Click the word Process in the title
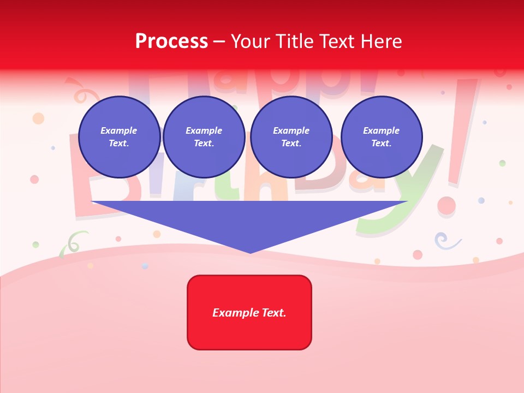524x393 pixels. click(x=171, y=41)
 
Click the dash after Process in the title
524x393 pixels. click(x=219, y=41)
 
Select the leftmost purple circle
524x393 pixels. click(x=119, y=137)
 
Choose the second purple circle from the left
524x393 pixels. click(x=204, y=137)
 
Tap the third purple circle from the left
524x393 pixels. click(x=291, y=137)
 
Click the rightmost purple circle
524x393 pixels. click(x=382, y=137)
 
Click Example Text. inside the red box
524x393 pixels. click(x=249, y=313)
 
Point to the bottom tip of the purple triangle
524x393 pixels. click(x=250, y=252)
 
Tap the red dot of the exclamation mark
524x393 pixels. click(x=446, y=206)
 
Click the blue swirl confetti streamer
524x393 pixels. click(x=445, y=240)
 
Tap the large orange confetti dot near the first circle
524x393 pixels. click(x=38, y=118)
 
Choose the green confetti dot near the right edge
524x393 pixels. click(x=502, y=163)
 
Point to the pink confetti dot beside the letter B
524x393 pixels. click(x=34, y=179)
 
